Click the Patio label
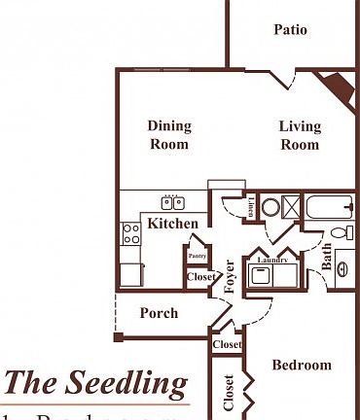(290, 30)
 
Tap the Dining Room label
(169, 135)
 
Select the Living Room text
(299, 135)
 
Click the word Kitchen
(173, 225)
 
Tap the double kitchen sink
(173, 203)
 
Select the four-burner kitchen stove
(130, 233)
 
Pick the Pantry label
(198, 257)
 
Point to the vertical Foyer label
(231, 277)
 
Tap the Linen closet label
(250, 206)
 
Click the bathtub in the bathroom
(327, 207)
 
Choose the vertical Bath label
(328, 258)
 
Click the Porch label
(159, 313)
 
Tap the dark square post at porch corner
(119, 337)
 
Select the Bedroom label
(301, 366)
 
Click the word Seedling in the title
(126, 383)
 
